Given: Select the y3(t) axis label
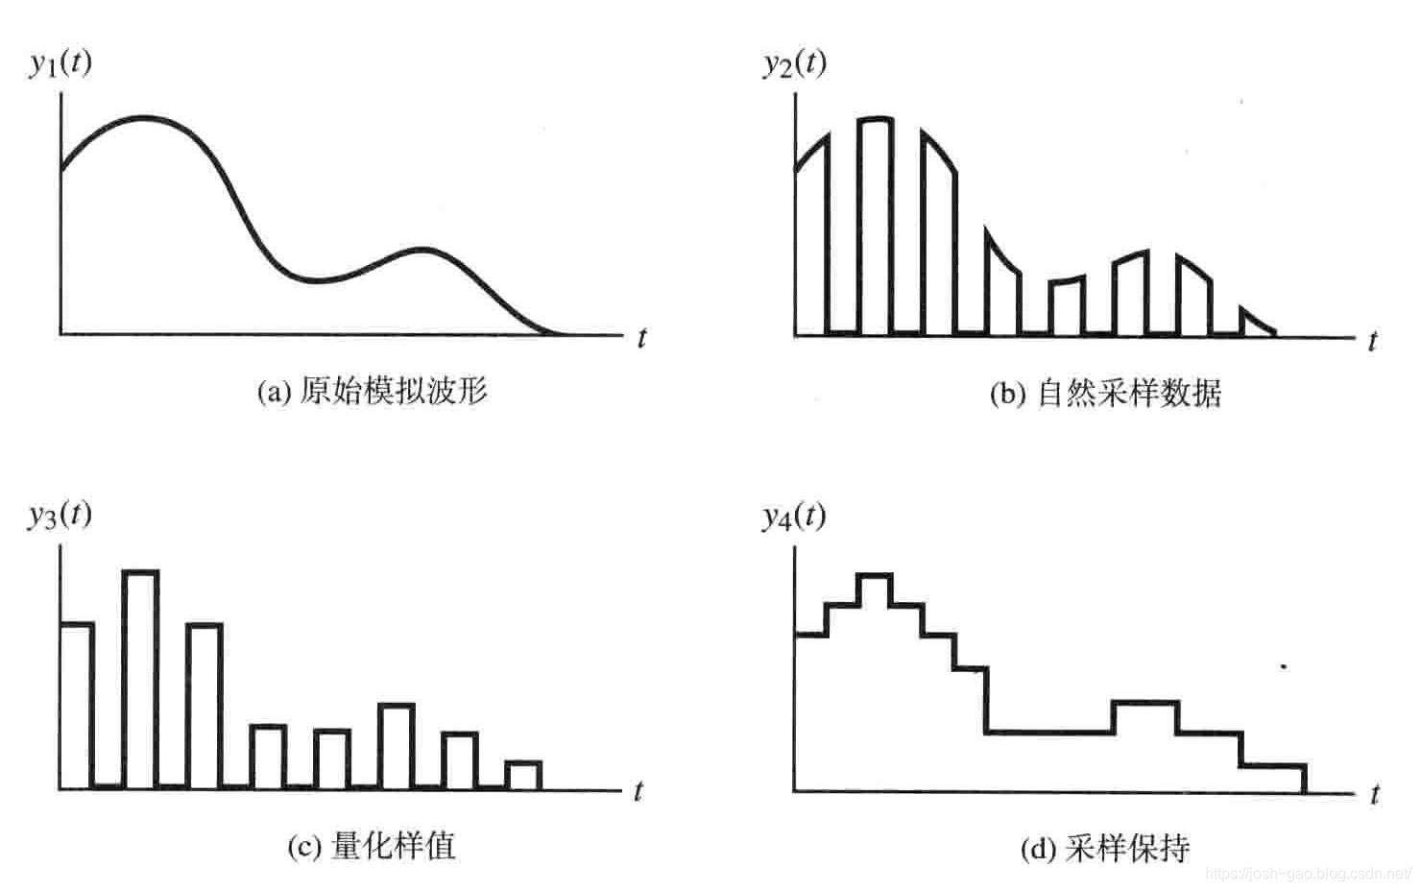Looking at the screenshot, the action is coord(60,516).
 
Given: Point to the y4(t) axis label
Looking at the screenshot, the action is coord(794,518).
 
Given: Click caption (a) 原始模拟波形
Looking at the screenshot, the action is coord(373,391).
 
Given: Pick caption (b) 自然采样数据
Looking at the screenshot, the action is coord(1105,394).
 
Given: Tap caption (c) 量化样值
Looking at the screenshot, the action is coord(371,846).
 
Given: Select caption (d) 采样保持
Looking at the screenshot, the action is coord(1104,848).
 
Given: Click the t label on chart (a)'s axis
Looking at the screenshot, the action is coord(641,338).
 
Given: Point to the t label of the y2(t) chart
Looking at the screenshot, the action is coord(1373,341).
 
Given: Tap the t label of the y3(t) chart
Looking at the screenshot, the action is coord(638,791).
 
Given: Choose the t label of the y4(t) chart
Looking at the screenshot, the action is coord(1375,794).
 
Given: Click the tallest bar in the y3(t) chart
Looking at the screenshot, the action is coord(140,678).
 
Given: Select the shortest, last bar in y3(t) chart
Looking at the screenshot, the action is coord(523,775).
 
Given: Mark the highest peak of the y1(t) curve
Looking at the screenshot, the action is coord(144,117).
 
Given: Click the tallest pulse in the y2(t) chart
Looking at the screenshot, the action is coord(876,226).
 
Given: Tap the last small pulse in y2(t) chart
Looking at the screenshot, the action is coord(1255,324).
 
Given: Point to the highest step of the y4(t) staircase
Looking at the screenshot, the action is coord(875,576).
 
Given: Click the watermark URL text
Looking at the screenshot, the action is coord(1307,874).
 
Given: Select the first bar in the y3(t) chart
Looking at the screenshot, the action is coord(77,706).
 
